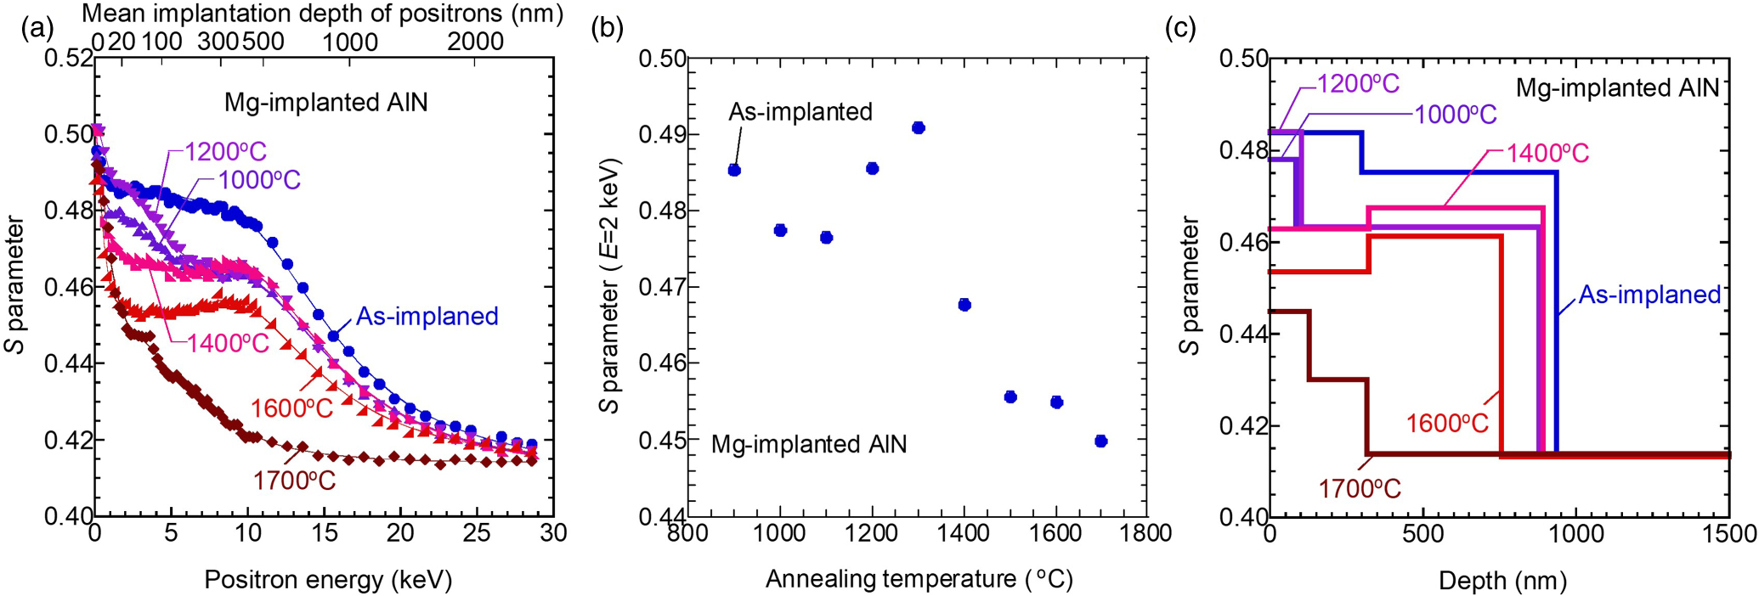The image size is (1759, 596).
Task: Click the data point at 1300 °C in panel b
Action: (x=918, y=128)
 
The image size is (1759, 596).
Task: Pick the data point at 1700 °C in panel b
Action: (x=1101, y=441)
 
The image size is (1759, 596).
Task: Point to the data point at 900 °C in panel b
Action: (x=734, y=170)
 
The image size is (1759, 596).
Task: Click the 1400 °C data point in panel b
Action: (x=964, y=305)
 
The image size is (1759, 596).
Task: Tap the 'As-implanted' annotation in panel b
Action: (x=800, y=112)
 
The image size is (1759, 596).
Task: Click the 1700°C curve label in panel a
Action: (x=294, y=481)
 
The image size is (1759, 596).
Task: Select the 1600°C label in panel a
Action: (x=291, y=408)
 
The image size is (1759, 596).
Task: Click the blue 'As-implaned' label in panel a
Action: (x=427, y=317)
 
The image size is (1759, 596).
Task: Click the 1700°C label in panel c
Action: (x=1359, y=489)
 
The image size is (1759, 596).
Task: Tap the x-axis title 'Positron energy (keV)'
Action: (x=328, y=580)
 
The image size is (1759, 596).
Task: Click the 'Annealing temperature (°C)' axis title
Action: (x=919, y=579)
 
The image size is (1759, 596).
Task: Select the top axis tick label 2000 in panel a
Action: (x=475, y=41)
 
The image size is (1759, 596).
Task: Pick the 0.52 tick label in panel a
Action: (x=68, y=59)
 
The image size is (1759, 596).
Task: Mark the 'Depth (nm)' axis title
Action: (x=1502, y=581)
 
